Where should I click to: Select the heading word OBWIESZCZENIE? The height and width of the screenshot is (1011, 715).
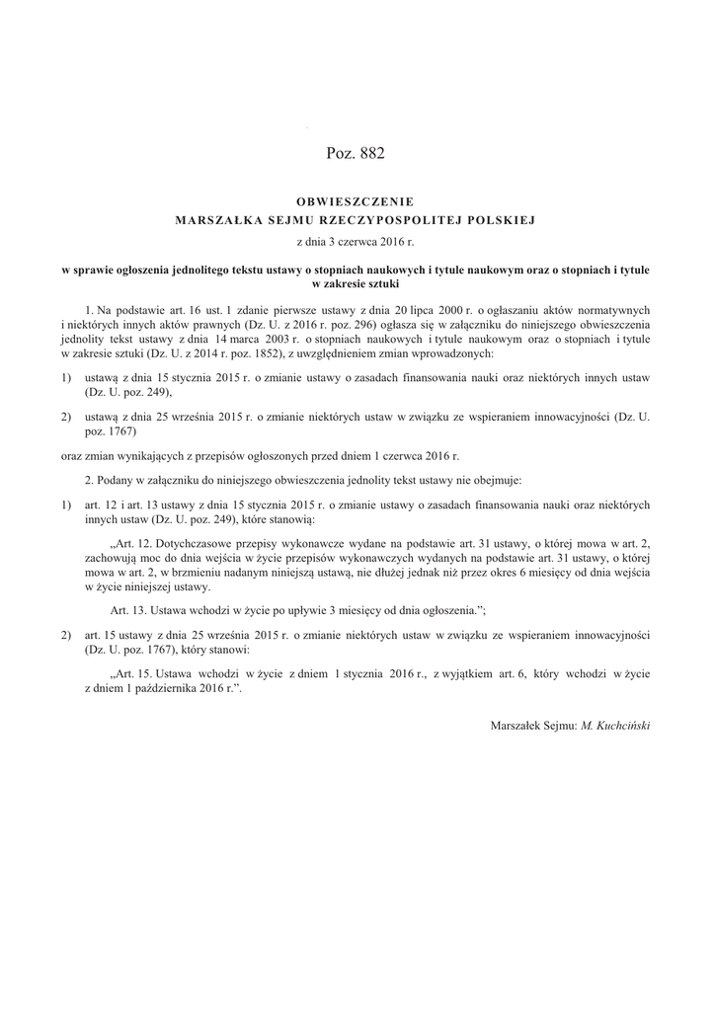tap(357, 201)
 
